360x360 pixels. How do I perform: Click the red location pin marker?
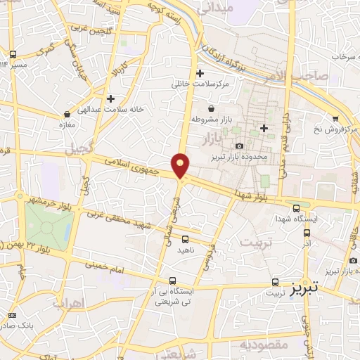click(x=181, y=165)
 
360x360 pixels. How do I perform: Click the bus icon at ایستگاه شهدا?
click(x=296, y=207)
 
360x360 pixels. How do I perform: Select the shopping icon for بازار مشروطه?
click(x=211, y=108)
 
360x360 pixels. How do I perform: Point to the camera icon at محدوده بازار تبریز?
click(x=239, y=146)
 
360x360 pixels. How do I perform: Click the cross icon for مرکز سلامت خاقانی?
click(x=200, y=73)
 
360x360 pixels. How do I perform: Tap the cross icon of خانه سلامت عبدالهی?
click(x=110, y=98)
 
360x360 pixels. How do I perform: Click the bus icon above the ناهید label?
click(x=185, y=239)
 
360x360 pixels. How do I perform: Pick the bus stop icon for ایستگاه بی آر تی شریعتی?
click(x=173, y=280)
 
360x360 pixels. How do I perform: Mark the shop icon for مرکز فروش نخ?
click(x=335, y=118)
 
